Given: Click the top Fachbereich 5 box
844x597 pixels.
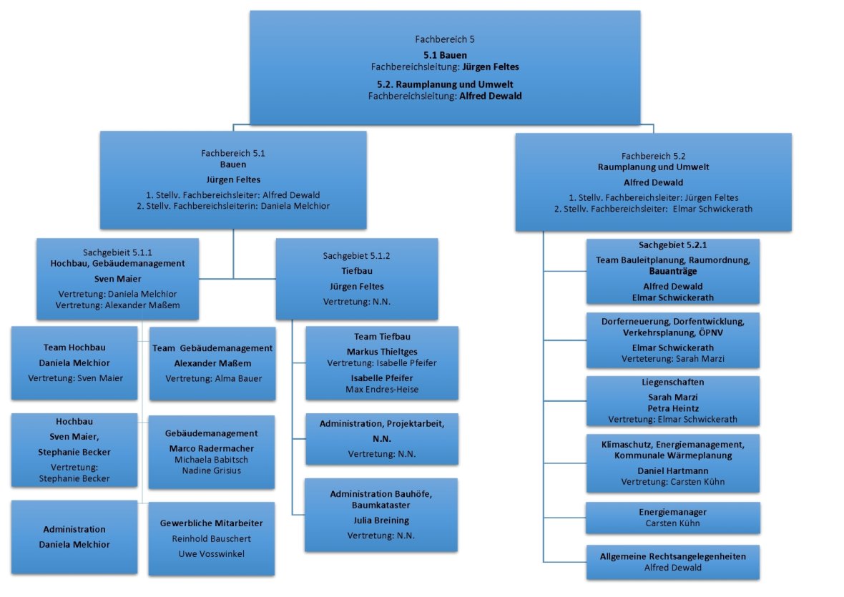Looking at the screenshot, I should click(444, 68).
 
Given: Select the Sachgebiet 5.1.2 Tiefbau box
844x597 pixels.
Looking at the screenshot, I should click(357, 278).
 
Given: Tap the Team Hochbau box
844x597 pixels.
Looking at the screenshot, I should click(74, 362).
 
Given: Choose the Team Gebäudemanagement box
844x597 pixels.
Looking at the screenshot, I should click(212, 363).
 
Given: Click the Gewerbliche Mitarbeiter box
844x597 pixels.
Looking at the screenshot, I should click(212, 538).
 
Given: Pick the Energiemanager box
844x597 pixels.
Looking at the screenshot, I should click(672, 518).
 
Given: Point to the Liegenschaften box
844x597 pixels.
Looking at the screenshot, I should click(672, 400).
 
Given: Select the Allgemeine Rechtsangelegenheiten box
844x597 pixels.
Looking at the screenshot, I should click(672, 562).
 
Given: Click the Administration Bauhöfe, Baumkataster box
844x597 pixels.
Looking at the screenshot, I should click(382, 514).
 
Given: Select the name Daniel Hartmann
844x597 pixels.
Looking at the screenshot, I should click(672, 470).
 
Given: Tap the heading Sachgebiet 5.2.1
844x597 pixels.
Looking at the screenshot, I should click(672, 245).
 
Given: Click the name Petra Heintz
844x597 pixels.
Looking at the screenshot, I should click(672, 408).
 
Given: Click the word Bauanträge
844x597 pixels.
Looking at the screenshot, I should click(672, 272).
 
